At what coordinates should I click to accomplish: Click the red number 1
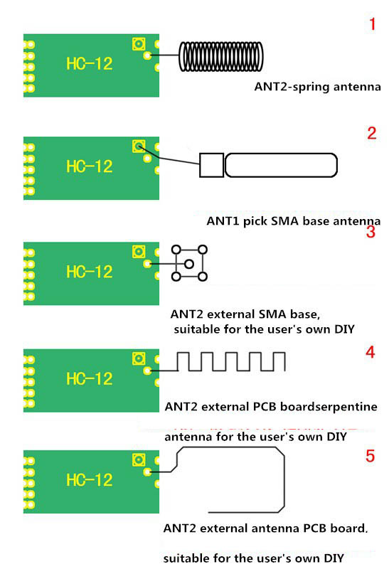coord(371,25)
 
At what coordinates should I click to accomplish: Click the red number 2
coord(371,133)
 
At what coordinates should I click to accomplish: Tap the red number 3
coord(371,232)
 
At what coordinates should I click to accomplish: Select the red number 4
coord(370,352)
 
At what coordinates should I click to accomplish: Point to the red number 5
coord(370,456)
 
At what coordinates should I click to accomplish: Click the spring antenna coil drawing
coord(221,55)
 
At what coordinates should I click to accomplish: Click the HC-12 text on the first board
coord(89,63)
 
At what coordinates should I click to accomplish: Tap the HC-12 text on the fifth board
coord(89,480)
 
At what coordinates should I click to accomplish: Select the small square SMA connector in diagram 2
coord(211,165)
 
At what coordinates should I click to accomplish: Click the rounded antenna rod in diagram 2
coord(280,165)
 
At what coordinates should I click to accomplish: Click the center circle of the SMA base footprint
coord(189,264)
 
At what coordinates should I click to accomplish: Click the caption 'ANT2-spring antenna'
coord(318,87)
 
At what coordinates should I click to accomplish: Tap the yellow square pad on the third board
coord(138,252)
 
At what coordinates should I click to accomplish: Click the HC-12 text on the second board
coord(89,166)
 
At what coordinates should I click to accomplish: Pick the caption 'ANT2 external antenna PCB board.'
coord(266,528)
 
